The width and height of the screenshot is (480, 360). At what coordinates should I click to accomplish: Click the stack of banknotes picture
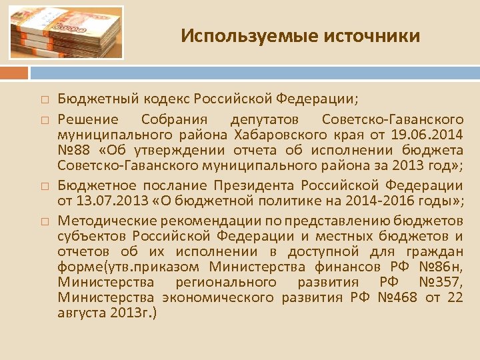[x=67, y=33]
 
